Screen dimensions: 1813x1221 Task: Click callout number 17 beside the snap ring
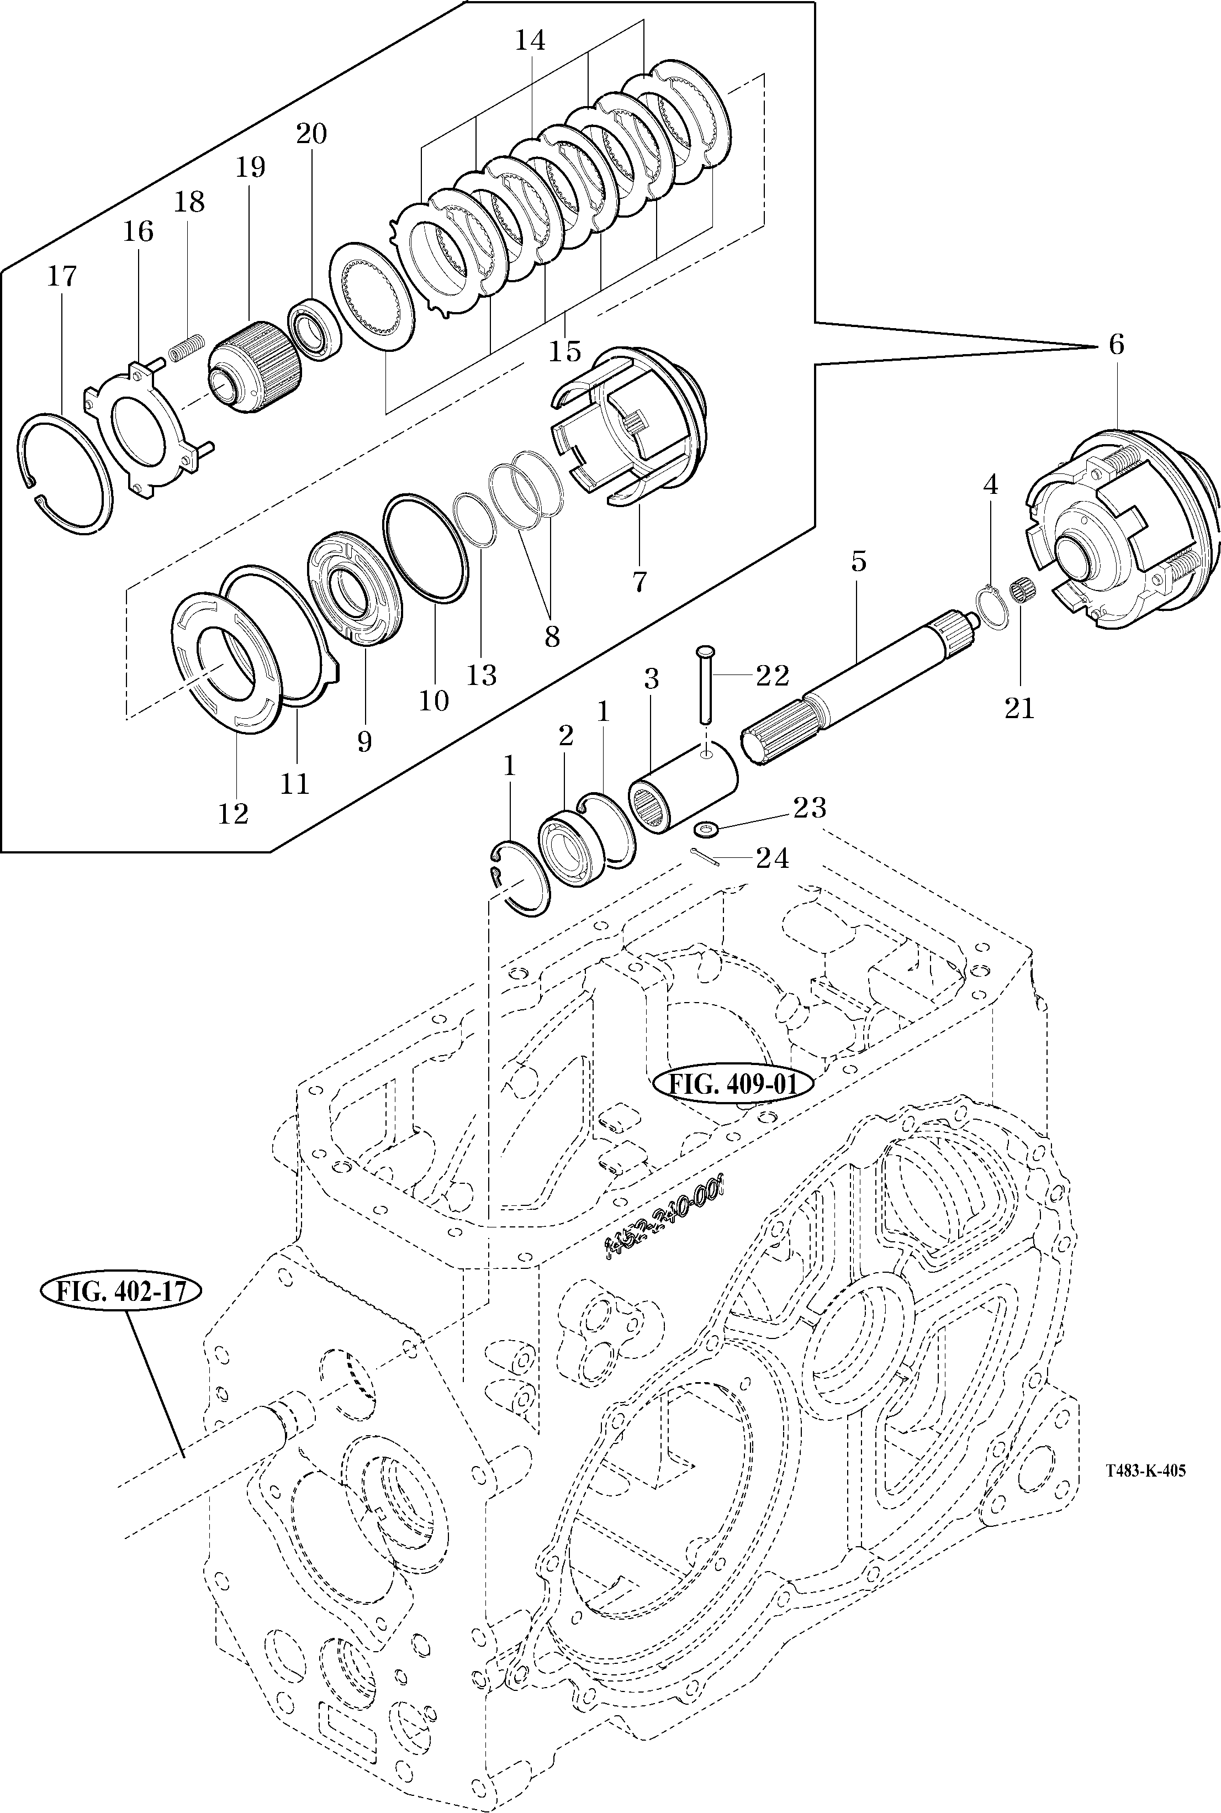pyautogui.click(x=62, y=276)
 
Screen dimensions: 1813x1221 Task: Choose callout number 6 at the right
pyautogui.click(x=1116, y=344)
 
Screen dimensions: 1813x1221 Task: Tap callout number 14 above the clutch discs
pyautogui.click(x=530, y=40)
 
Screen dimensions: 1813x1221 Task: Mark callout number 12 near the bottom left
pyautogui.click(x=233, y=813)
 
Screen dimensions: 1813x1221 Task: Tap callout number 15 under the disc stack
pyautogui.click(x=564, y=351)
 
